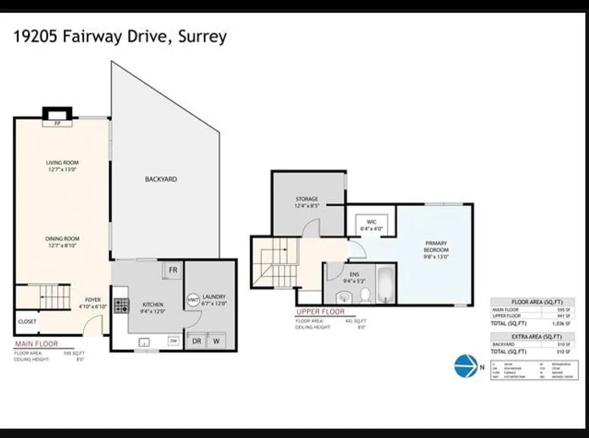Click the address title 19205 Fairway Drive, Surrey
point(120,37)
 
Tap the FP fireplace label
point(58,122)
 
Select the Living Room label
point(62,166)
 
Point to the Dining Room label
point(62,242)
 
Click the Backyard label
point(160,179)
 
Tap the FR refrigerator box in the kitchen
point(172,270)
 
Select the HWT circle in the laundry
point(193,299)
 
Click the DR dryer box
point(197,340)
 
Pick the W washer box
point(217,340)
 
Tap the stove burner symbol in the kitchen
point(121,306)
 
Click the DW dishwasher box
point(173,341)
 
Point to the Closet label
point(27,321)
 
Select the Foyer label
point(93,303)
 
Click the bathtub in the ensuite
point(386,283)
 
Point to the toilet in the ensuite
point(365,295)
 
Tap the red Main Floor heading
point(36,344)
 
